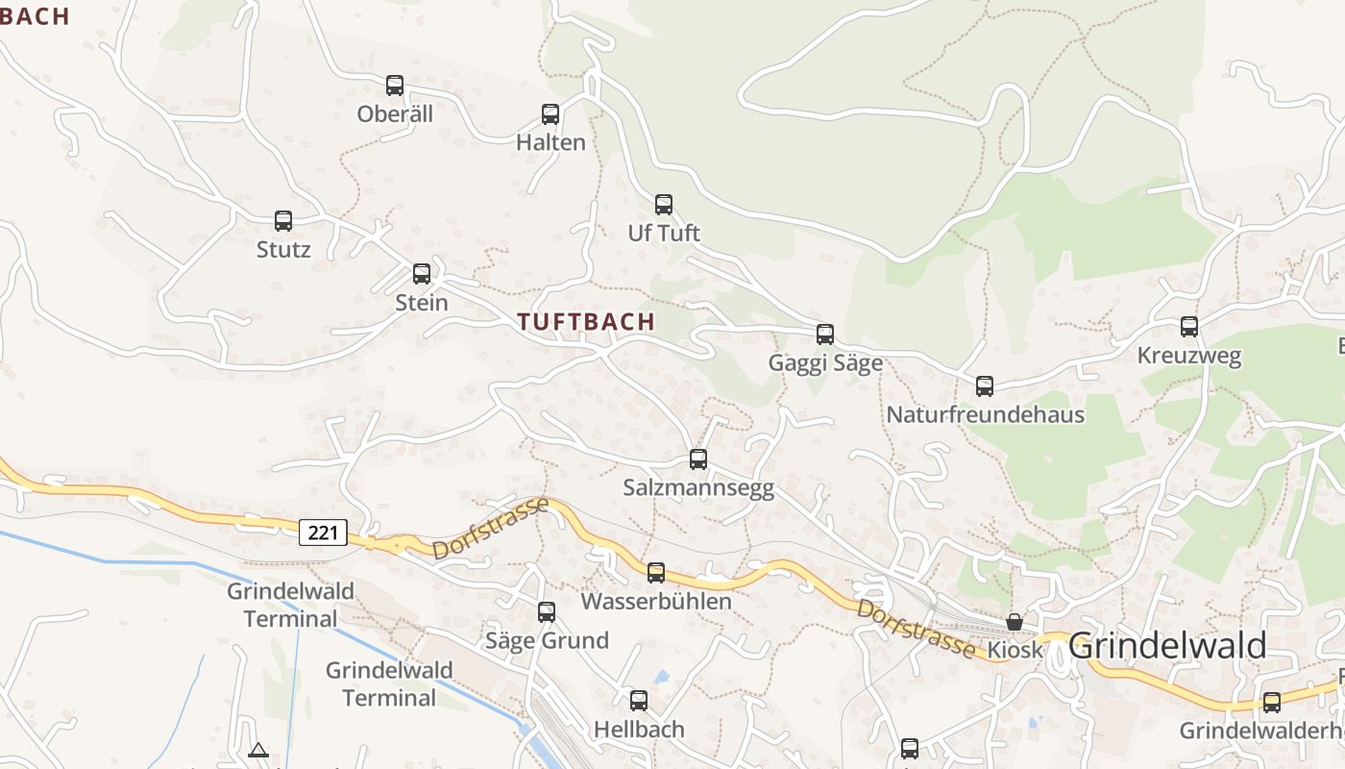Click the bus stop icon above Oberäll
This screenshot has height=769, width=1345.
point(395,86)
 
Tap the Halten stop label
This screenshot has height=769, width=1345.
point(550,142)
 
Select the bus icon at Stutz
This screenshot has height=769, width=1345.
point(283,221)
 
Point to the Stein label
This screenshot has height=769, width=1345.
point(422,302)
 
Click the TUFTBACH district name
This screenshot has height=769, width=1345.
point(586,322)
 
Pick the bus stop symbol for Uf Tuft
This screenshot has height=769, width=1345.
point(664,205)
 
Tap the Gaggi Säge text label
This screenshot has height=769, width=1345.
point(825,363)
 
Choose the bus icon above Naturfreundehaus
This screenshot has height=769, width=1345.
point(985,386)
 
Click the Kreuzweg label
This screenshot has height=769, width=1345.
point(1188,356)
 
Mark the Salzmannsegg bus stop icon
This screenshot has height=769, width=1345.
point(698,459)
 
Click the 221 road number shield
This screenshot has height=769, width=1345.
point(322,532)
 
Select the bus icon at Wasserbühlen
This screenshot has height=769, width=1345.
point(656,573)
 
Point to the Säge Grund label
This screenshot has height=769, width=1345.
point(547,640)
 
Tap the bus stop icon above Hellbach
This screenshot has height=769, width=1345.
point(639,701)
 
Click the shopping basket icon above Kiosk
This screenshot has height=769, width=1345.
point(1015,622)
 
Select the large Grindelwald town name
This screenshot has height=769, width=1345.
point(1167,646)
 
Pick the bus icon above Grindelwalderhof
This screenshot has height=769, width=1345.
point(1272,703)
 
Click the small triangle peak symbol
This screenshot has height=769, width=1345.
point(257,750)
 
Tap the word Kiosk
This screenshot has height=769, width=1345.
point(1015,650)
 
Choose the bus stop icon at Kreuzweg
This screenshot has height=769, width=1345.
point(1189,327)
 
